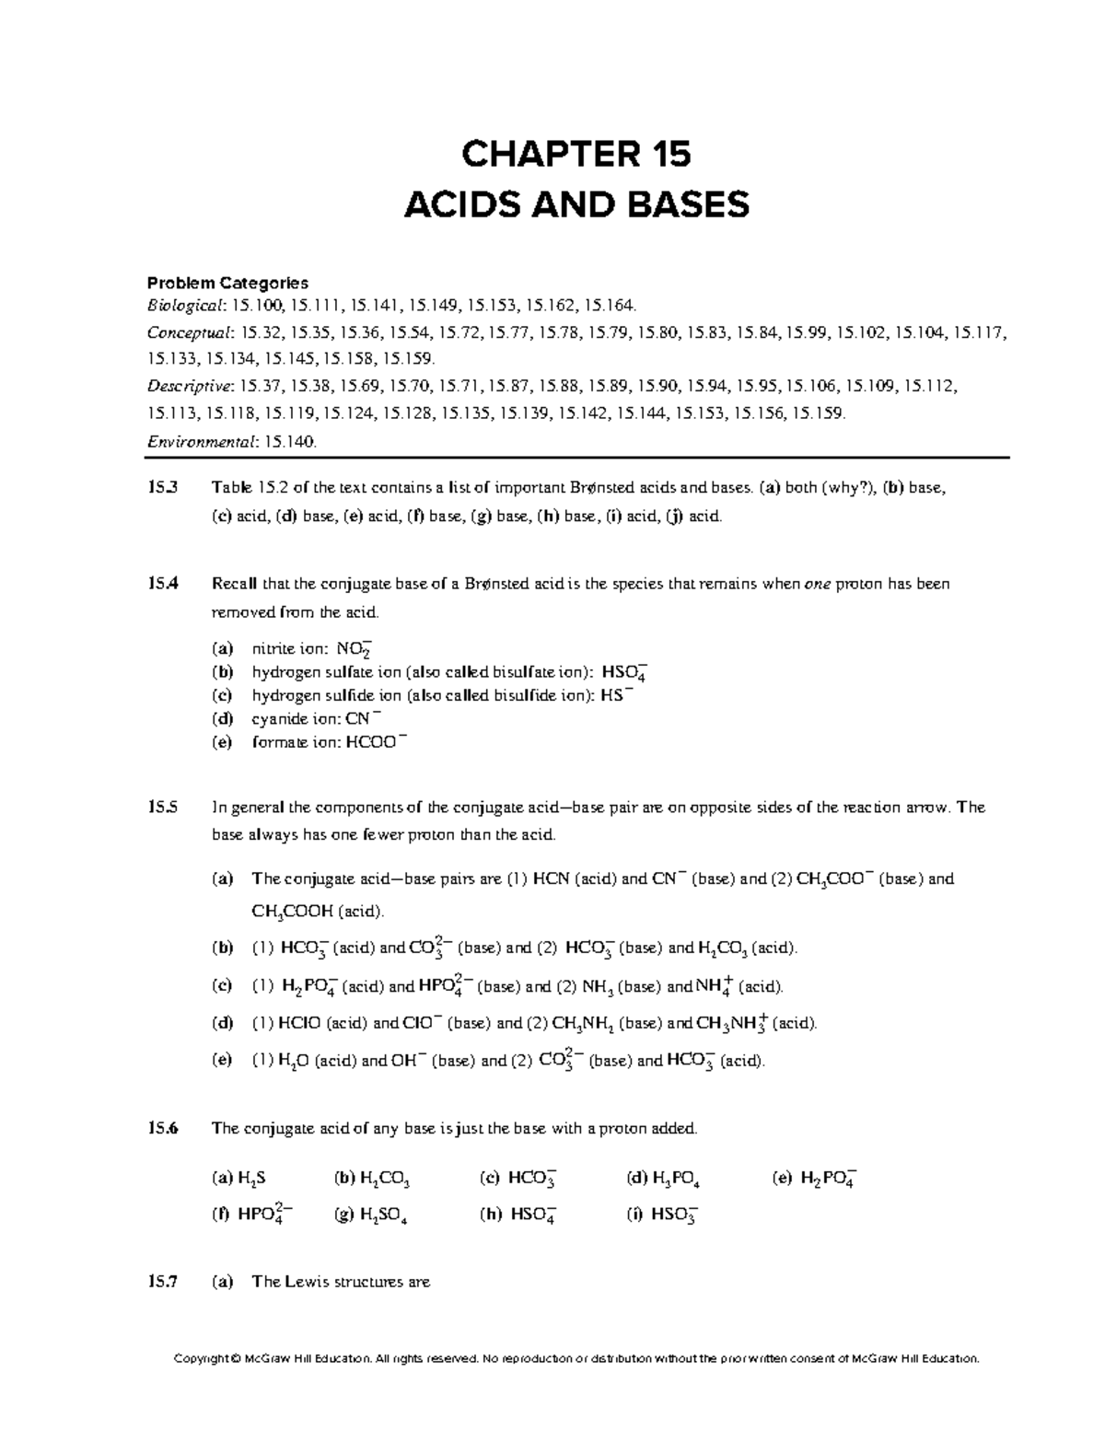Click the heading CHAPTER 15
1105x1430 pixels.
(x=576, y=155)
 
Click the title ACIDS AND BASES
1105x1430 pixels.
(x=576, y=205)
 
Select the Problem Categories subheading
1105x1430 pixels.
(x=228, y=283)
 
